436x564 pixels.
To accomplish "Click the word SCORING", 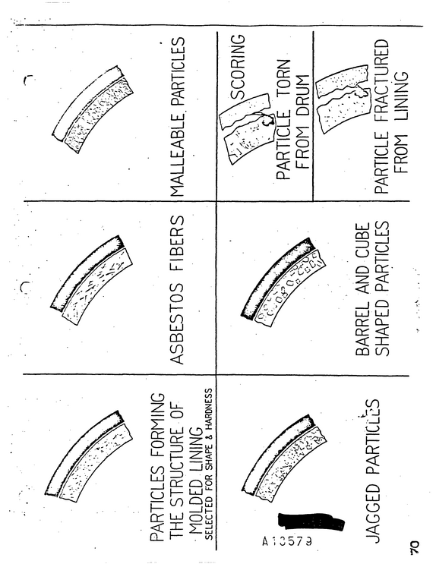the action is [x=238, y=67].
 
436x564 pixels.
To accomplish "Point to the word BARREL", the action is [x=362, y=329].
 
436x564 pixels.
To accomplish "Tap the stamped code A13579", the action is [x=287, y=540].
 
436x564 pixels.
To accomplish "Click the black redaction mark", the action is [x=311, y=521].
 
